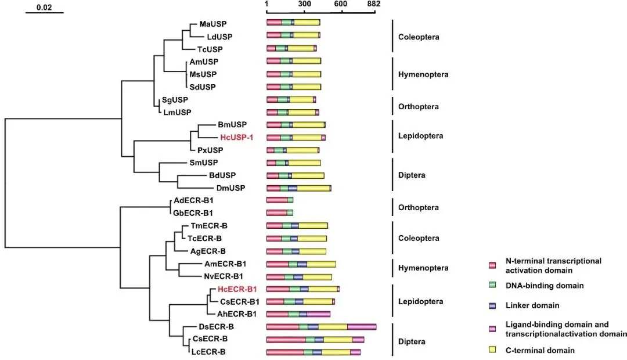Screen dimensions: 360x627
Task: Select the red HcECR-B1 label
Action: click(x=237, y=289)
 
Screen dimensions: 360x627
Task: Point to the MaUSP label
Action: click(x=212, y=24)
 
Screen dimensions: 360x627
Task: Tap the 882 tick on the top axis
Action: click(x=374, y=5)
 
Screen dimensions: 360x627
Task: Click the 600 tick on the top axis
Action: click(x=340, y=5)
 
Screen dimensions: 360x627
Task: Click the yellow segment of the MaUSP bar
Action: click(x=307, y=22)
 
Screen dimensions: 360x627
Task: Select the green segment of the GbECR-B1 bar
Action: click(x=290, y=213)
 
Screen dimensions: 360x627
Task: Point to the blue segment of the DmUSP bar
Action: click(x=293, y=188)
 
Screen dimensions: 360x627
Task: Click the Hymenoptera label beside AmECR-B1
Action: click(x=423, y=268)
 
